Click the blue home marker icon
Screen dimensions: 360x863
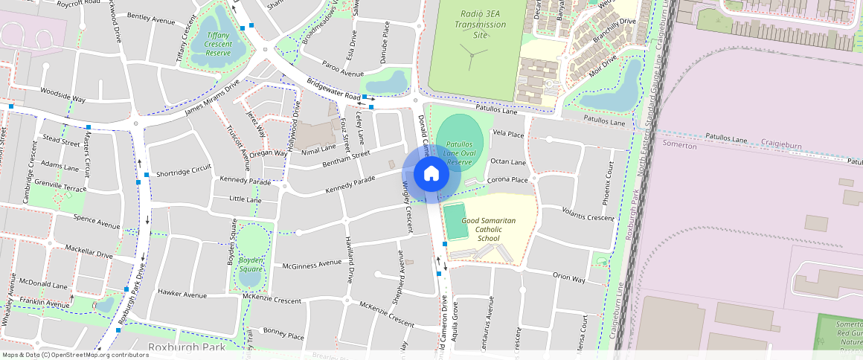point(431,174)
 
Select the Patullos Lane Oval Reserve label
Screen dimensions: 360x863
point(459,152)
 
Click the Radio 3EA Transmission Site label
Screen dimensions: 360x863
point(483,25)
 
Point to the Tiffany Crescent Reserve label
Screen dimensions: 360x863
point(218,44)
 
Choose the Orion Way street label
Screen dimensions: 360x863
point(568,277)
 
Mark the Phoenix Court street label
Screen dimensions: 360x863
point(609,183)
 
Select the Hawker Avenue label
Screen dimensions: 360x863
point(182,295)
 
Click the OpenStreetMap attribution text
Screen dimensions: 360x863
point(74,355)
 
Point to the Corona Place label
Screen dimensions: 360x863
point(507,180)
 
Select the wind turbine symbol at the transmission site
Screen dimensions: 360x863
point(470,54)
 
